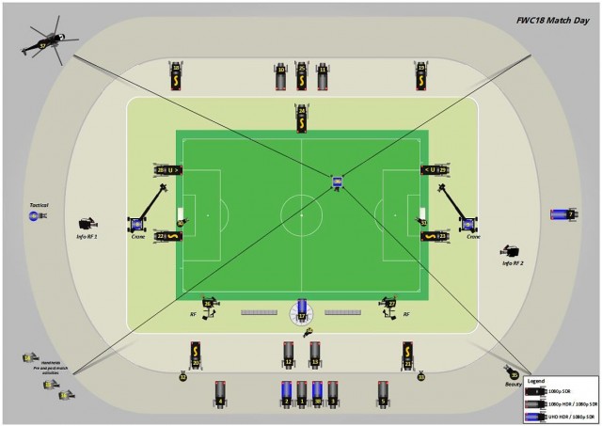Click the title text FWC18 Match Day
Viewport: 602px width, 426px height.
(x=553, y=19)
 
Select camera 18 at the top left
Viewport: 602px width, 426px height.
(x=176, y=74)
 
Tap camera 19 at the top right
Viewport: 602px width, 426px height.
(x=420, y=74)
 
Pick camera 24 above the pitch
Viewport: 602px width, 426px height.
(x=302, y=118)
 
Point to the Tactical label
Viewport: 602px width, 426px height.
(x=39, y=205)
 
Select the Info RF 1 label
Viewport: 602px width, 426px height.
(x=87, y=237)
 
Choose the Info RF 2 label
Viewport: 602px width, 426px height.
(x=513, y=263)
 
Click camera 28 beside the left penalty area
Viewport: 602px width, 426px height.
(x=166, y=170)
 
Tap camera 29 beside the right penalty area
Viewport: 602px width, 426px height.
(x=436, y=170)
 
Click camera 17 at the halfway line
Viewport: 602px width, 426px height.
(x=302, y=312)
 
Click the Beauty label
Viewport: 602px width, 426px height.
(x=513, y=385)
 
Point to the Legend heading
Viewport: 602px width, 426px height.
(x=535, y=381)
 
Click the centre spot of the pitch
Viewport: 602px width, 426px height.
(x=302, y=214)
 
